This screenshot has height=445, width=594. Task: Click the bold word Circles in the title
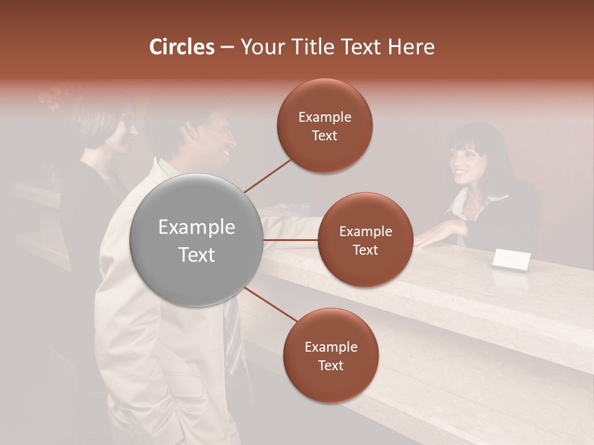(x=181, y=47)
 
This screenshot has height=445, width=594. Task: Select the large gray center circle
(x=197, y=240)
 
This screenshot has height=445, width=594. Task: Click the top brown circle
(x=324, y=125)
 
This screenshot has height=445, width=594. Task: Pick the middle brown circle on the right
(x=365, y=240)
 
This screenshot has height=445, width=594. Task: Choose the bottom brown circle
(x=330, y=355)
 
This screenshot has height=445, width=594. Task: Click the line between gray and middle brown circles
(x=291, y=240)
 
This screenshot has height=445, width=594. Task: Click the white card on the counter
(x=511, y=260)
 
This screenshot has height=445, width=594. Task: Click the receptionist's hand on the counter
(x=433, y=236)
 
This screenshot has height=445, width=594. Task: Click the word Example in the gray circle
(x=197, y=227)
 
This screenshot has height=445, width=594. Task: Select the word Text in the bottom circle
(x=330, y=365)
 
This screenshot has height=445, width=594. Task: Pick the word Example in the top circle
(x=324, y=117)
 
